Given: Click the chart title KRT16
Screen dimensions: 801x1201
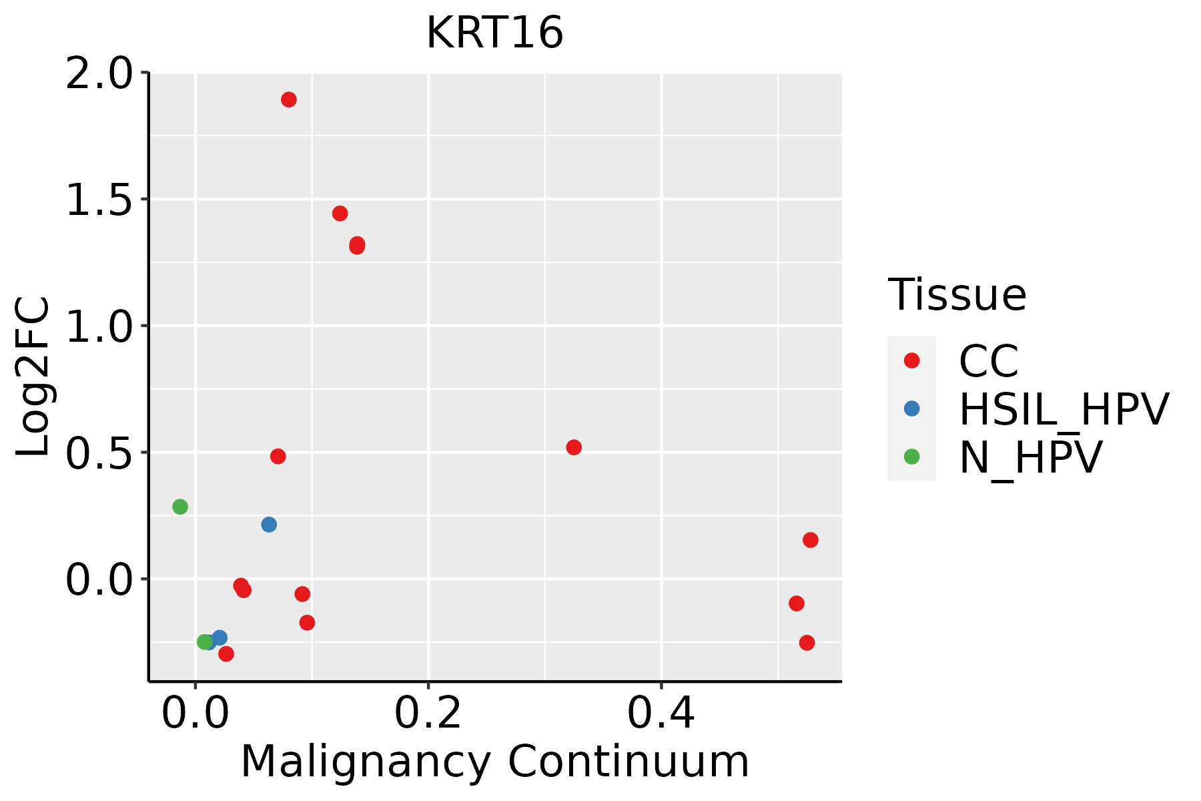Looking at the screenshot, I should click(494, 33).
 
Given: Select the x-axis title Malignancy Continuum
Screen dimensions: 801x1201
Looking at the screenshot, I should click(494, 762).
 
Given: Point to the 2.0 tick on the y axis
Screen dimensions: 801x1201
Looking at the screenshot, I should click(99, 73).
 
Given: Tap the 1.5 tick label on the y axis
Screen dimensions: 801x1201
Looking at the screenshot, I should click(99, 200).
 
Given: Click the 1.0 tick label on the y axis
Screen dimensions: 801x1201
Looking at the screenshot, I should click(99, 326).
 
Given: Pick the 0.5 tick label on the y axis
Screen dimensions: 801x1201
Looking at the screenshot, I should click(99, 453).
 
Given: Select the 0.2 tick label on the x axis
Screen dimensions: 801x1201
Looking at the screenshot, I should click(428, 714).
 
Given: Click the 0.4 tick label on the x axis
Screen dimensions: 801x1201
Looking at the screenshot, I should click(661, 714).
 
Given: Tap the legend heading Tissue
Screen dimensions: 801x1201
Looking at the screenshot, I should click(957, 295).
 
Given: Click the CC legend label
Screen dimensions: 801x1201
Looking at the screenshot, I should click(988, 361).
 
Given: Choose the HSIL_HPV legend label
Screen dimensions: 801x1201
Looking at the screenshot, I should click(1064, 409).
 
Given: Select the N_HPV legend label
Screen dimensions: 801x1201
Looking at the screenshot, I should click(1030, 457).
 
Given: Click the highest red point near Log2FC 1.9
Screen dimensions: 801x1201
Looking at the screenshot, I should click(289, 100).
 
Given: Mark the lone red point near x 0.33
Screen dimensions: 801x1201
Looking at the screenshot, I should click(574, 447).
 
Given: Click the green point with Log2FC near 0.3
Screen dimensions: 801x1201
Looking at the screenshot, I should click(180, 507).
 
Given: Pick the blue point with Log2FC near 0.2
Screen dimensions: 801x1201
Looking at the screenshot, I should click(269, 525).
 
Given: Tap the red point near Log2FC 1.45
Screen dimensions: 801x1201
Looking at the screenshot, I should click(340, 214).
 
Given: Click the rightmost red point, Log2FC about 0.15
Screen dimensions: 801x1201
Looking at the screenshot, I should click(811, 540).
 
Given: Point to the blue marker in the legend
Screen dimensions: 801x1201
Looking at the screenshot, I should click(911, 409).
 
